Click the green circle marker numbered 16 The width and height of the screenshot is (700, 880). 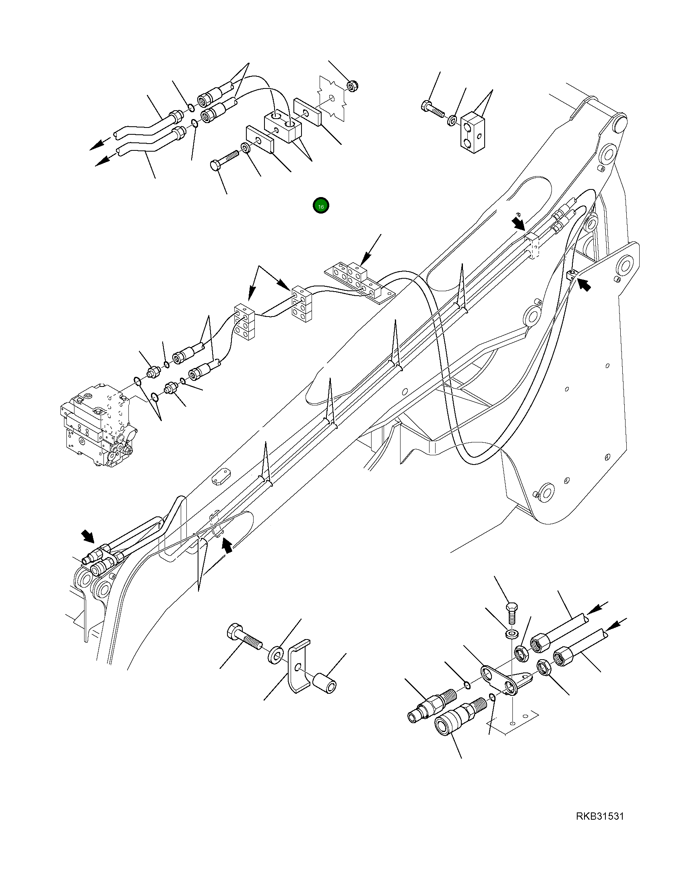tap(320, 207)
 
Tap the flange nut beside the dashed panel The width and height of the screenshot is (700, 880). tap(351, 86)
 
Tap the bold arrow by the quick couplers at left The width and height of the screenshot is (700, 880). tap(88, 537)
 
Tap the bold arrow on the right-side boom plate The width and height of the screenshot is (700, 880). tap(584, 285)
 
